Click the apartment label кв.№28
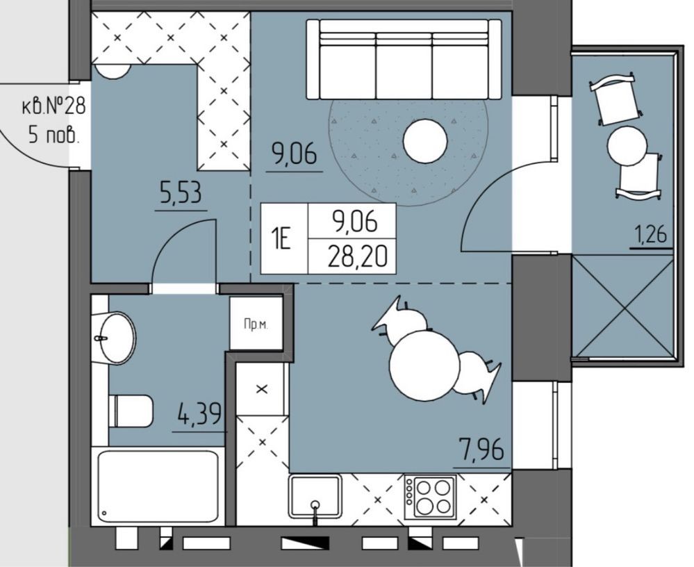53,107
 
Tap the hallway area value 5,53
181,194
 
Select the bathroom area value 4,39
199,415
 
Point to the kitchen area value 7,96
481,449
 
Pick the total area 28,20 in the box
357,256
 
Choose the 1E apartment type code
281,240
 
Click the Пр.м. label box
256,324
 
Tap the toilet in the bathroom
131,411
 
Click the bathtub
158,486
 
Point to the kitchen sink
315,495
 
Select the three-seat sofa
404,59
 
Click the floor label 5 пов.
54,135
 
